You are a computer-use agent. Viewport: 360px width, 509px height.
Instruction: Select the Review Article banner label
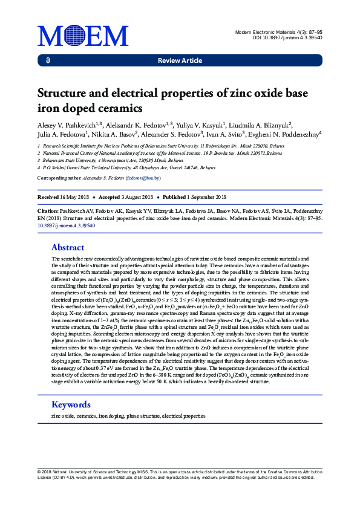180,60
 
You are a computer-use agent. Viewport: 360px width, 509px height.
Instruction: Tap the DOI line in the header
287,37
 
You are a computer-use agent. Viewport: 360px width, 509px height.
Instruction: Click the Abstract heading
68,247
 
